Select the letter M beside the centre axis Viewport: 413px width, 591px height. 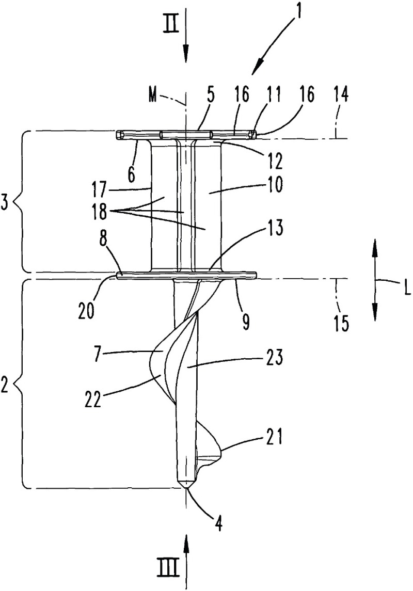click(153, 95)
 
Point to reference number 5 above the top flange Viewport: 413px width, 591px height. click(210, 95)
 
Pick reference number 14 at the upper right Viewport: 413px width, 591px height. click(340, 95)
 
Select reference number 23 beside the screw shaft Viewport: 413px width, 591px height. click(274, 358)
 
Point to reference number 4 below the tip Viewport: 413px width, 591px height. click(218, 523)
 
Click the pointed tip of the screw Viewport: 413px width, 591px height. click(186, 488)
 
